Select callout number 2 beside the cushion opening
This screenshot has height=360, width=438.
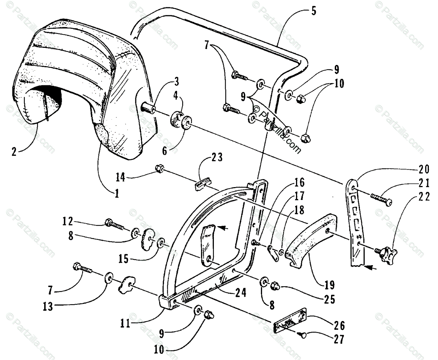(x=14, y=151)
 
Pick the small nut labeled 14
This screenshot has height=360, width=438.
(x=159, y=169)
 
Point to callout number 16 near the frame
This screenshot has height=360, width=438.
(x=299, y=182)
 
